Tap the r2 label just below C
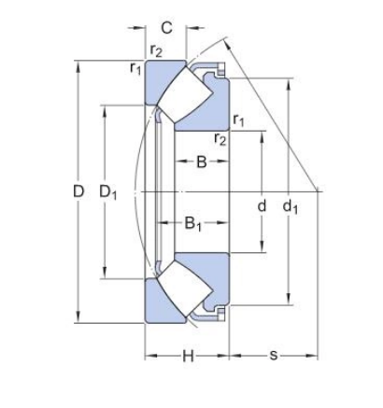157,50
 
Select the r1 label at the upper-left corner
135,66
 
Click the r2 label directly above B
220,139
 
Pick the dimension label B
201,163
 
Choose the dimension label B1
193,223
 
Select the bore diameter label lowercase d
262,204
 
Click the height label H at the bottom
187,356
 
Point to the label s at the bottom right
273,356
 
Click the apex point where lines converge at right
319,190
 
